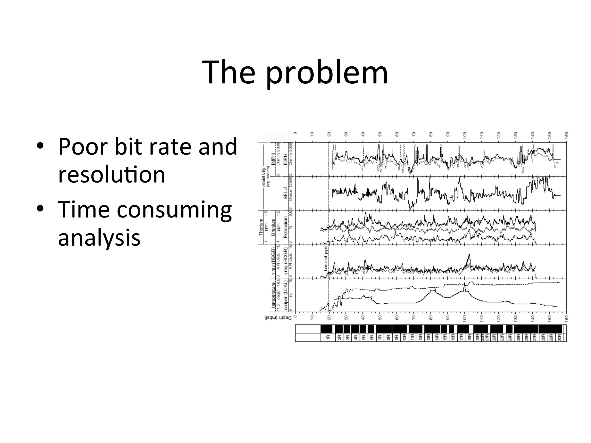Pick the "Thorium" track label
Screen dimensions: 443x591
point(261,227)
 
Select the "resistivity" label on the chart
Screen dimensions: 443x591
point(263,177)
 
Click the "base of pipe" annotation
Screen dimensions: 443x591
point(326,258)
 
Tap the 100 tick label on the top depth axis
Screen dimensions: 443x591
point(465,135)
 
